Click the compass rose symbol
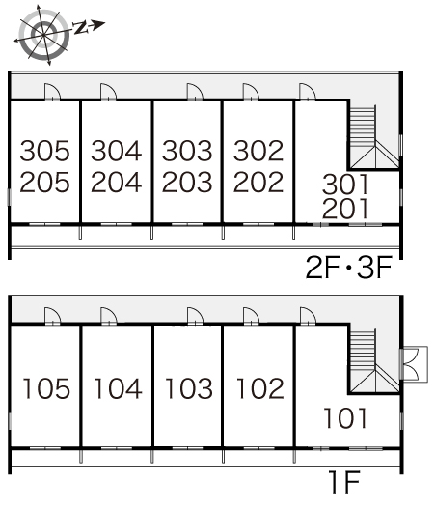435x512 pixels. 43,35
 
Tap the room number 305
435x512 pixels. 45,151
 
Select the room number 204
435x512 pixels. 116,182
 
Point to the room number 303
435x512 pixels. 187,151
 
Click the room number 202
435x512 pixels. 258,182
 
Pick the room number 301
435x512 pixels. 345,185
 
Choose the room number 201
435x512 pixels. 345,209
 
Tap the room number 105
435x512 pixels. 46,388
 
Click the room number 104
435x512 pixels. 118,388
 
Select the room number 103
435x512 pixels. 189,388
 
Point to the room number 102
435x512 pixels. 259,388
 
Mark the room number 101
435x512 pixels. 345,418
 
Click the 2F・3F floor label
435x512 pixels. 349,268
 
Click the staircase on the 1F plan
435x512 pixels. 374,361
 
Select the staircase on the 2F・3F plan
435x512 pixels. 374,136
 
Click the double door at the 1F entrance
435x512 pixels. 414,364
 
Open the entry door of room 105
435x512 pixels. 52,316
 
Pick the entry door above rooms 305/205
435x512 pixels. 52,92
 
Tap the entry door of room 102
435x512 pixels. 251,316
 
